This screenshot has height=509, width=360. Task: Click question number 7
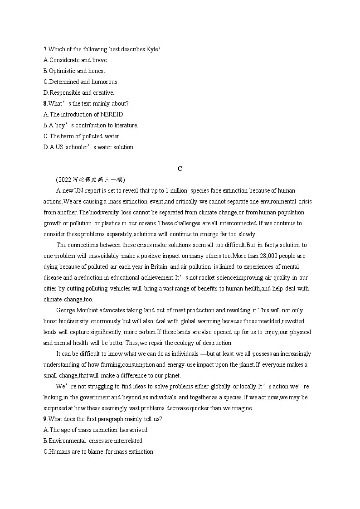[x=45, y=49]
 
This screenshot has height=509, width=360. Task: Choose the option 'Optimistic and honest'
[x=75, y=71]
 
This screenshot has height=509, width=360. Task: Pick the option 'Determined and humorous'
[x=81, y=82]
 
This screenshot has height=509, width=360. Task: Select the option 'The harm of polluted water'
[x=82, y=136]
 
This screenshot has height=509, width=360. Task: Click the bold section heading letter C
[x=180, y=169]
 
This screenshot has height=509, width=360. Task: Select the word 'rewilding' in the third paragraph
[x=238, y=310]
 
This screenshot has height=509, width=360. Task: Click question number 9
[x=45, y=419]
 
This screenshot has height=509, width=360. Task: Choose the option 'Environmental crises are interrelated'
[x=93, y=441]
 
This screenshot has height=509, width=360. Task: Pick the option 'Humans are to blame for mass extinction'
[x=99, y=451]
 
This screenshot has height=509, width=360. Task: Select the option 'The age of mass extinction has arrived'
[x=96, y=430]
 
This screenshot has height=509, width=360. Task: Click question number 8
[x=45, y=103]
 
